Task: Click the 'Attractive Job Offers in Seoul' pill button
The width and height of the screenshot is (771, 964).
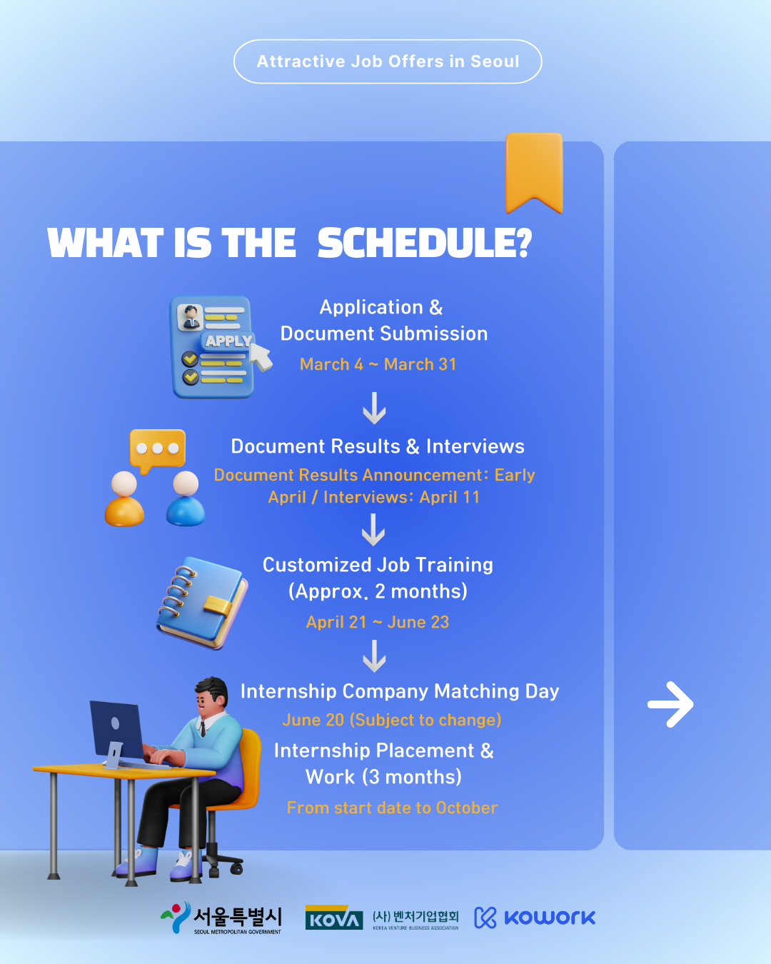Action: (388, 61)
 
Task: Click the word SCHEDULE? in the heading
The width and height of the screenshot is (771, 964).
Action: (425, 243)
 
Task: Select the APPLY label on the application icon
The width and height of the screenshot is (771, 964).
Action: (228, 341)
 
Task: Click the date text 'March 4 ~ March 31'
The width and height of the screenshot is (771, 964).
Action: (378, 364)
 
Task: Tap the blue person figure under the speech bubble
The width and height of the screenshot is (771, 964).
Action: (186, 498)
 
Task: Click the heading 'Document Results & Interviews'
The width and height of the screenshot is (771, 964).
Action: (378, 446)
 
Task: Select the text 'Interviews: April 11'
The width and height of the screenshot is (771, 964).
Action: (401, 497)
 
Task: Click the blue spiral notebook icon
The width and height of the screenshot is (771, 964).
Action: (201, 603)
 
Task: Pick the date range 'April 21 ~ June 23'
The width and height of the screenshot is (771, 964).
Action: (378, 622)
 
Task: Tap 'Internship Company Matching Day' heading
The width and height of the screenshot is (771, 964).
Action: (400, 691)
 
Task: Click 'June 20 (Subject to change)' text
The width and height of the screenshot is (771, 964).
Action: (391, 720)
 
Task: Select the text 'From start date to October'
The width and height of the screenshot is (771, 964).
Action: (392, 808)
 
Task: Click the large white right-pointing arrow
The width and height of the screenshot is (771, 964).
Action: (670, 705)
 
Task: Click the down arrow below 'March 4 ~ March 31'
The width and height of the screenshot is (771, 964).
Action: (374, 408)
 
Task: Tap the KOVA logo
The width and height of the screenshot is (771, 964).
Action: (334, 917)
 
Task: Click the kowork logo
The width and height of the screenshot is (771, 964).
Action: (535, 918)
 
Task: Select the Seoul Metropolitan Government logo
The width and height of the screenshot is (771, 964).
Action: (221, 918)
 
